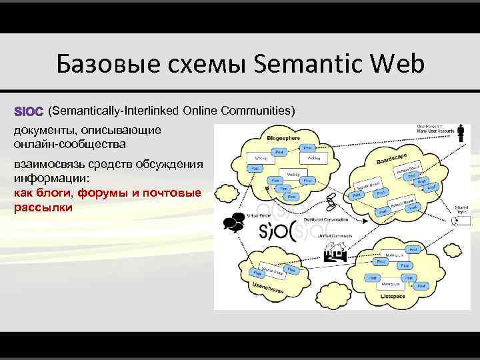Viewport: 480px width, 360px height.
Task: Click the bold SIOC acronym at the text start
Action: pyautogui.click(x=29, y=109)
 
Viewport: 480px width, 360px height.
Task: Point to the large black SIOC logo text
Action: pyautogui.click(x=285, y=231)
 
